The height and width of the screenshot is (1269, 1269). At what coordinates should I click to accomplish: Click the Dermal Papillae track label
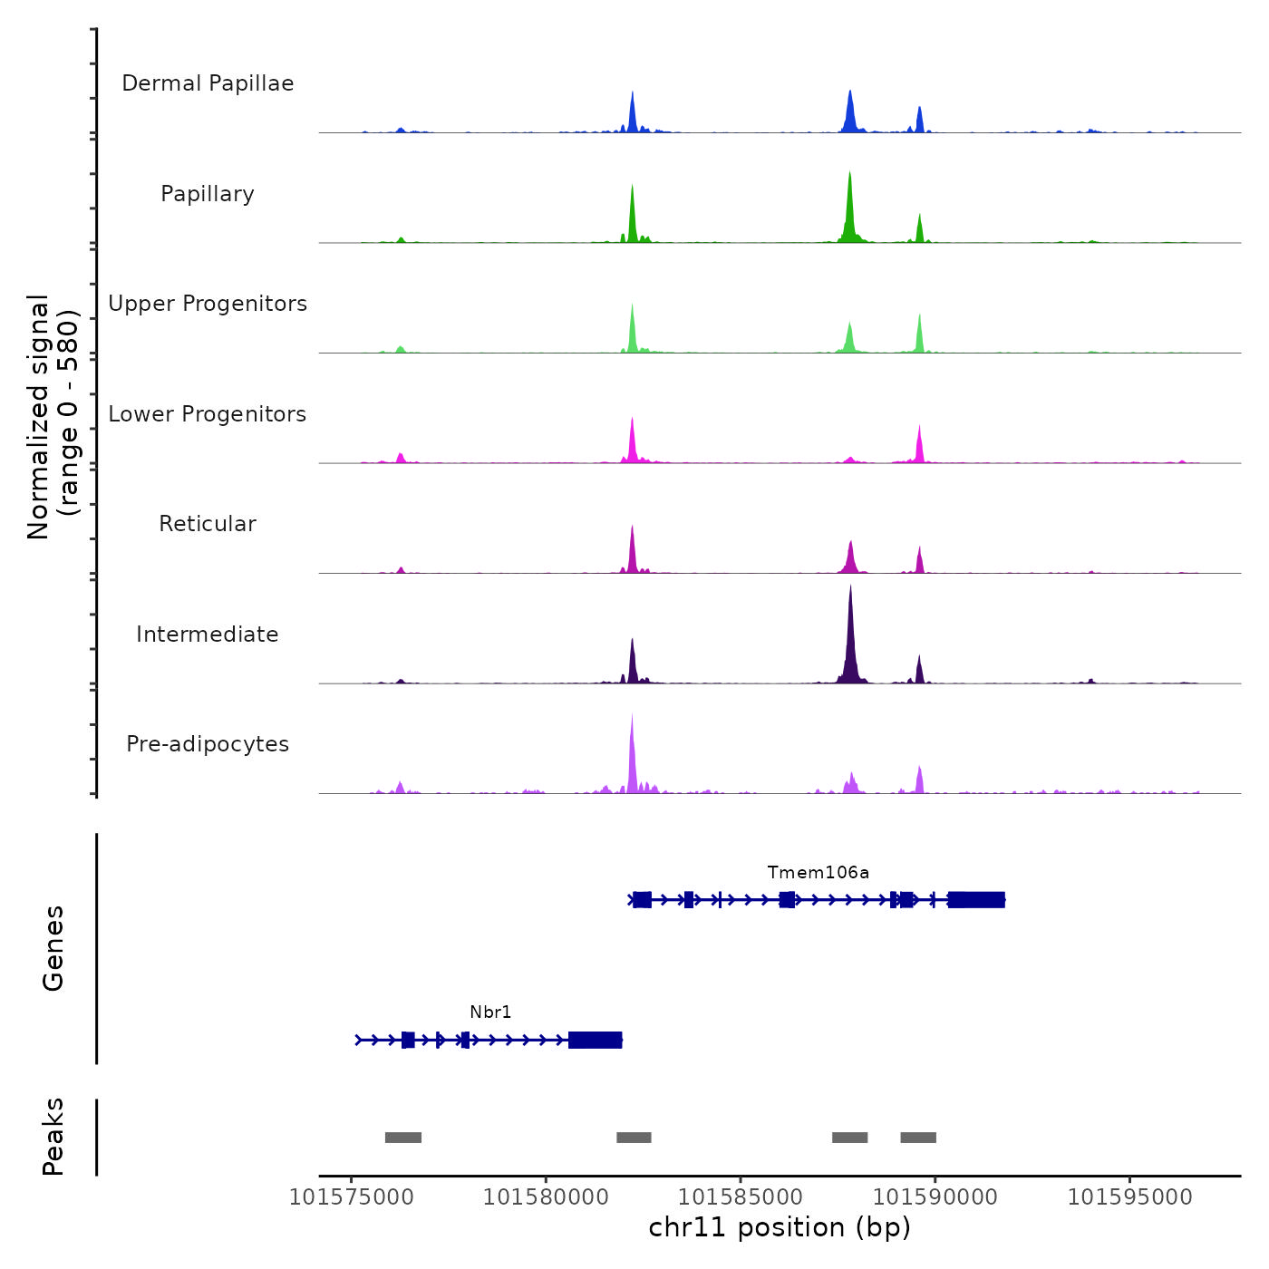[x=208, y=83]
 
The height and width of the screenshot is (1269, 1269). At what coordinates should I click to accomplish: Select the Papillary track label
[x=208, y=194]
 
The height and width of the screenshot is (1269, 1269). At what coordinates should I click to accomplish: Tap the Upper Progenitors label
[x=208, y=304]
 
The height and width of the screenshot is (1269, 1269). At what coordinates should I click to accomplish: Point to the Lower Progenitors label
[x=208, y=414]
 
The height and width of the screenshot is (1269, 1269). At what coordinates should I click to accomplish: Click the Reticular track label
[x=208, y=524]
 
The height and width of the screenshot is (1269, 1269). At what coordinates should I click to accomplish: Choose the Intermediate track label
[x=208, y=634]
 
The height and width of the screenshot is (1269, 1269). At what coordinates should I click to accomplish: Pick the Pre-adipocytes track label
[x=208, y=744]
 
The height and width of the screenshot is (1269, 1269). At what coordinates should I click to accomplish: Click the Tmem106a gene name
[x=818, y=873]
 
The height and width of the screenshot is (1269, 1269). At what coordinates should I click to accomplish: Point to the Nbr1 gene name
[x=490, y=1012]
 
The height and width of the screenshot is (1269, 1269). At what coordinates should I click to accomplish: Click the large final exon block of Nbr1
[x=595, y=1040]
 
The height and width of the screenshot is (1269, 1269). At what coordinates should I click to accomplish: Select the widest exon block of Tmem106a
[x=976, y=900]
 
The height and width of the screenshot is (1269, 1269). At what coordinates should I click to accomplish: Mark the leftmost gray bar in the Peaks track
[x=403, y=1138]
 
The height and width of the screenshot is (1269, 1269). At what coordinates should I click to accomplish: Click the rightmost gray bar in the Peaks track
[x=918, y=1138]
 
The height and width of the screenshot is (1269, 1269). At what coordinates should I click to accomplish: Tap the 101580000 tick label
[x=546, y=1197]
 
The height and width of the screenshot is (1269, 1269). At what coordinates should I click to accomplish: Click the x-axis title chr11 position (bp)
[x=780, y=1228]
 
